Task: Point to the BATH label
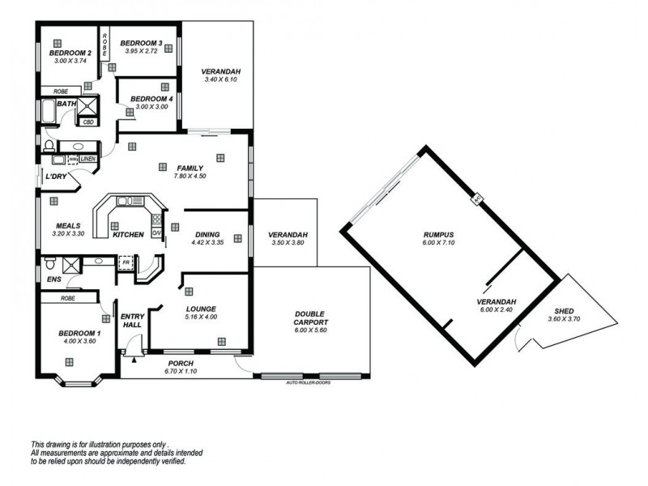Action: pyautogui.click(x=66, y=104)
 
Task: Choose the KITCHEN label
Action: pyautogui.click(x=128, y=234)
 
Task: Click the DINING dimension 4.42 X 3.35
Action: pyautogui.click(x=207, y=242)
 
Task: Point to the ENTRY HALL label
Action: pyautogui.click(x=131, y=320)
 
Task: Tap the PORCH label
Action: pyautogui.click(x=179, y=363)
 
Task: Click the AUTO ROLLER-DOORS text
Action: pyautogui.click(x=309, y=382)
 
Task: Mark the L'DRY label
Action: pyautogui.click(x=55, y=176)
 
